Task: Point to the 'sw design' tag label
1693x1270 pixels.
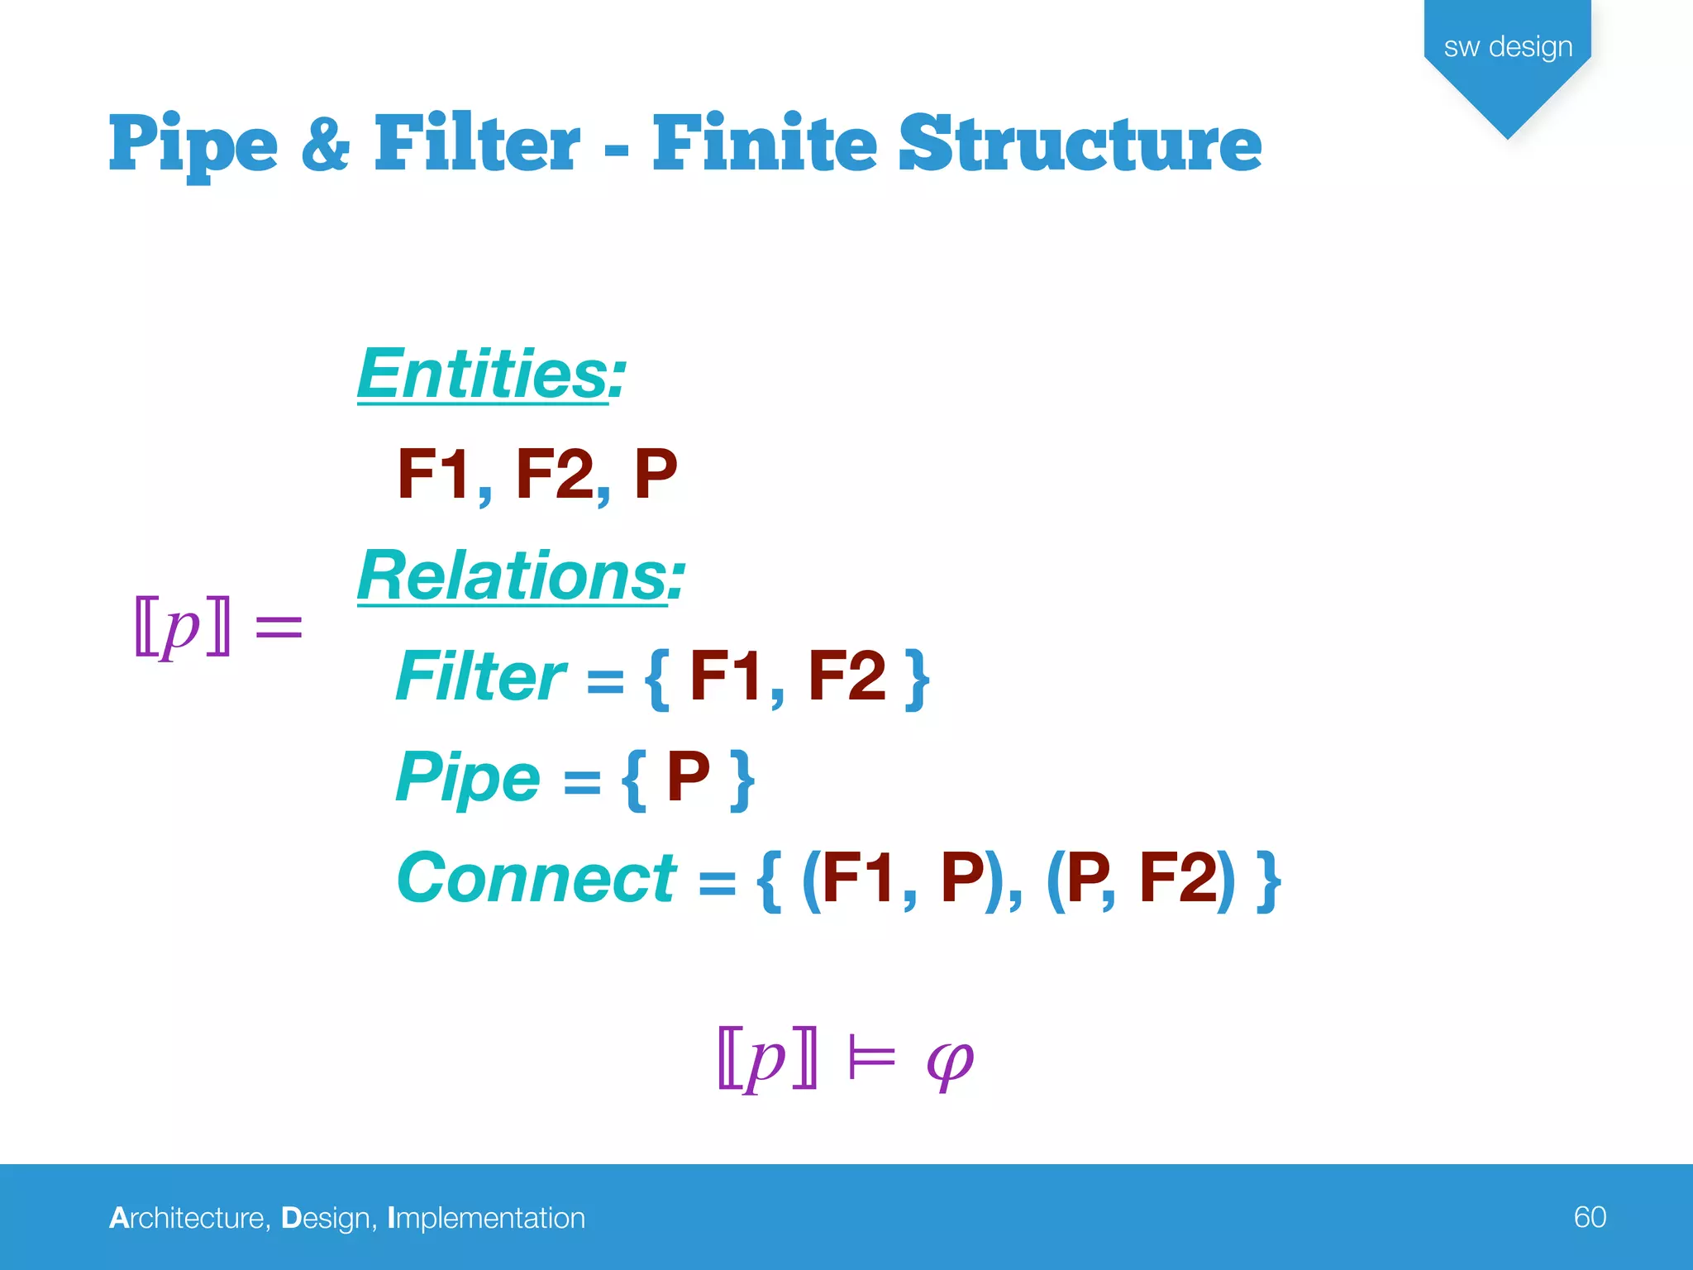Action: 1508,47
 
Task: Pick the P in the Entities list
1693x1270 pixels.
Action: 656,474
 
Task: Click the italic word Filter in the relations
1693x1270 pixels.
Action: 480,676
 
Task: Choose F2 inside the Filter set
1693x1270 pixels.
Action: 846,676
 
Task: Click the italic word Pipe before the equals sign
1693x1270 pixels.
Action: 468,777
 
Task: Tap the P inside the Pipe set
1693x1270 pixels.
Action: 688,777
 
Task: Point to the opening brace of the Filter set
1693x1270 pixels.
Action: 658,680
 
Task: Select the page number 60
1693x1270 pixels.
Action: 1590,1217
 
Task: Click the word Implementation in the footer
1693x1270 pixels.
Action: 486,1218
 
